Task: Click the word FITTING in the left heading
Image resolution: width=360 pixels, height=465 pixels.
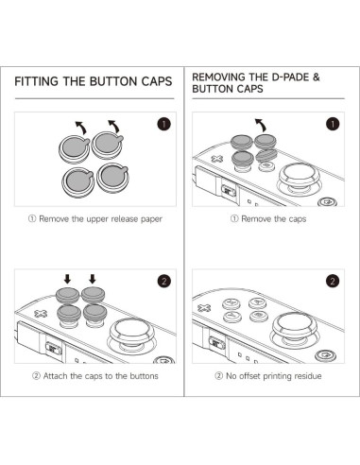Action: coord(37,81)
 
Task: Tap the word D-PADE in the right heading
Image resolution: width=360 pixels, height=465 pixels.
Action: coord(290,77)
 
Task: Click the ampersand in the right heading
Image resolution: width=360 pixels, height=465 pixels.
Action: coord(316,77)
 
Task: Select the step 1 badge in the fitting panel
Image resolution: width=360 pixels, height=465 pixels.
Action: coord(163,124)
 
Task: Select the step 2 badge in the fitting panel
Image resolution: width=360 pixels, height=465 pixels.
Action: coord(163,281)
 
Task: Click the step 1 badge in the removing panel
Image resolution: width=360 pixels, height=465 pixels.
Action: coord(333,124)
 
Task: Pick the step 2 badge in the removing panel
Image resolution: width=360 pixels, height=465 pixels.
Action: coord(333,281)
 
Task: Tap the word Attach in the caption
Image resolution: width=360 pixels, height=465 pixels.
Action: coord(55,376)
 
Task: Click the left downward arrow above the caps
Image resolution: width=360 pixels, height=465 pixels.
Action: coord(67,279)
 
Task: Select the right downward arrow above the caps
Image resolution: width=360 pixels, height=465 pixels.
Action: coord(92,279)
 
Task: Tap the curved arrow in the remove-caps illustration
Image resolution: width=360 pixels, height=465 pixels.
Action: coord(261,125)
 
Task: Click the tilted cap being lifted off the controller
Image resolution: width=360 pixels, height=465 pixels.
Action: coord(266,155)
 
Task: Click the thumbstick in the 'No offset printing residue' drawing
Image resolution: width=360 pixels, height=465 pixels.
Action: coord(295,328)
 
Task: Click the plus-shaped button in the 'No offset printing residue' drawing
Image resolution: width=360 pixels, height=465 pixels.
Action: coord(204,308)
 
